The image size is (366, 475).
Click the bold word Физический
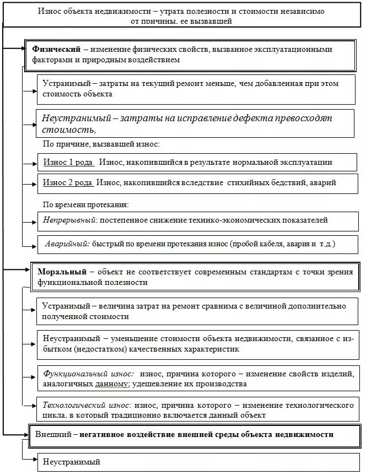click(x=57, y=50)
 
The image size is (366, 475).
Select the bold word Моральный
click(x=62, y=272)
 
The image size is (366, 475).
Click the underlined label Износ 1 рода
click(x=68, y=163)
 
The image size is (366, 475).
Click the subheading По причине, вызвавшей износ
click(x=101, y=144)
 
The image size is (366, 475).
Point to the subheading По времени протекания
click(x=86, y=204)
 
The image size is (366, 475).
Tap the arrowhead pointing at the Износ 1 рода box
click(x=34, y=163)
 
